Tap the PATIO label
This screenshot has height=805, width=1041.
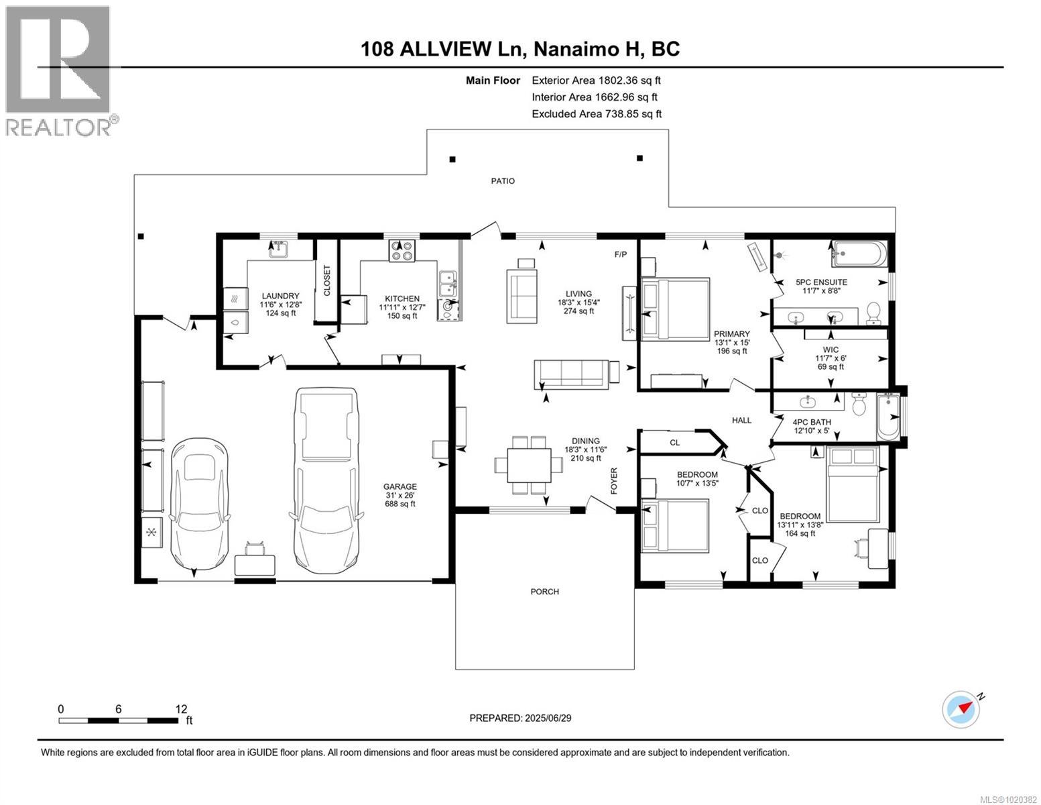coord(503,181)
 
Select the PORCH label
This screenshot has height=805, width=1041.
coord(544,592)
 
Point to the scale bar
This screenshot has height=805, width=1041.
coord(119,720)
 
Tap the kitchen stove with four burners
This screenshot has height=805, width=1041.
coord(402,250)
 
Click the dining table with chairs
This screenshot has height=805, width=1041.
coord(529,464)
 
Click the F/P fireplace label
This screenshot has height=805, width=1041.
coord(620,255)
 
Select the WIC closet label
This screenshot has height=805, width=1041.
coord(831,350)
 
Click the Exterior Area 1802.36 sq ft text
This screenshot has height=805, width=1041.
coord(596,80)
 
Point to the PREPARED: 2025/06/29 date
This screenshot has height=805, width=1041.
coord(520,718)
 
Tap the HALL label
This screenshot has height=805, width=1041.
coord(741,420)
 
